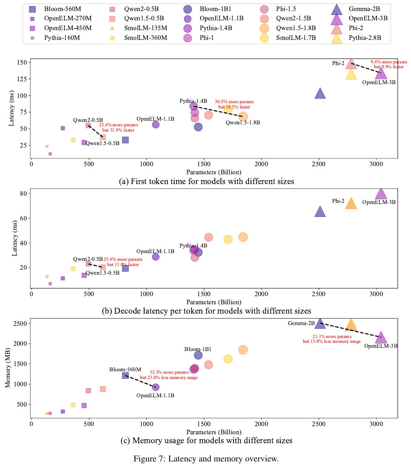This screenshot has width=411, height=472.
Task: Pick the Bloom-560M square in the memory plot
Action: point(125,375)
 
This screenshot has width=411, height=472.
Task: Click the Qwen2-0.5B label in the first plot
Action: point(88,120)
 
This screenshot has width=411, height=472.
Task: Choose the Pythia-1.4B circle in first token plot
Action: point(194,106)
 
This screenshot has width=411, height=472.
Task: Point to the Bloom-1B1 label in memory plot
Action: point(198,349)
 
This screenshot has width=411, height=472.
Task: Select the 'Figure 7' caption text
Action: point(206,459)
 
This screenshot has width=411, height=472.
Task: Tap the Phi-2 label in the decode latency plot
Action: point(338,201)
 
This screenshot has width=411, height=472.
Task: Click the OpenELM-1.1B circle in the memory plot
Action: point(156,387)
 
